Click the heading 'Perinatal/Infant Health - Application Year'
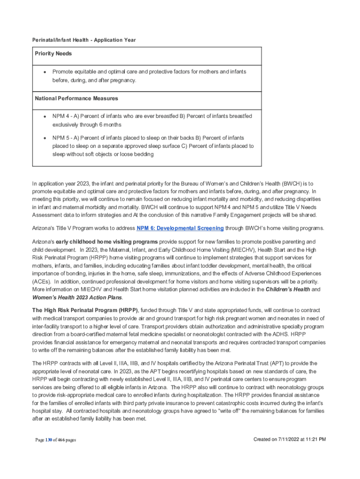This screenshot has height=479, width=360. click(84, 40)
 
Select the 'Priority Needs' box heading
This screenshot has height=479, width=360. click(53, 54)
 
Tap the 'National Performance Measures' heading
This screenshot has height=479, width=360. click(76, 99)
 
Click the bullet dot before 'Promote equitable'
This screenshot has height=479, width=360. click(44, 72)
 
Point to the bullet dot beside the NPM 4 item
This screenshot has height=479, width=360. click(44, 116)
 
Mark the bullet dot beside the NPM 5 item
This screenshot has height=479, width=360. click(44, 138)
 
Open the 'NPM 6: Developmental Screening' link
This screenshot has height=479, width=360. click(180, 228)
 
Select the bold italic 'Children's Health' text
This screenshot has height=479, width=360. click(287, 290)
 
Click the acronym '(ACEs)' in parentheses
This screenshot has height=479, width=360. click(41, 282)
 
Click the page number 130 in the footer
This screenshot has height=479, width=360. click(49, 440)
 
